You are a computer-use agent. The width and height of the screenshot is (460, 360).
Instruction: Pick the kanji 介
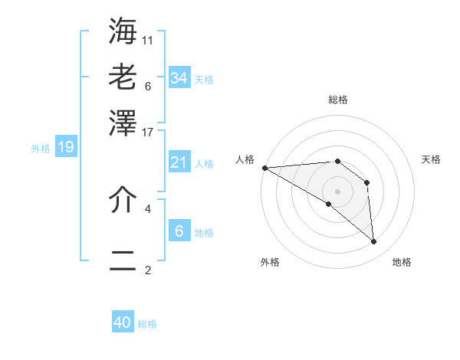pyautogui.click(x=123, y=200)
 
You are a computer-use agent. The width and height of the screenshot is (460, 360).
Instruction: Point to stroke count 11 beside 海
pyautogui.click(x=149, y=40)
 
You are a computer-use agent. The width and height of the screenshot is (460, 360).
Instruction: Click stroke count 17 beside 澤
pyautogui.click(x=149, y=132)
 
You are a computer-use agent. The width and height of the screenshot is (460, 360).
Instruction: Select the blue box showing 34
pyautogui.click(x=179, y=77)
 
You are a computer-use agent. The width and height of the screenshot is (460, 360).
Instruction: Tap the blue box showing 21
pyautogui.click(x=179, y=162)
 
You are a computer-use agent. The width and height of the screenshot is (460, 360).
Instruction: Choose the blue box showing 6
pyautogui.click(x=179, y=231)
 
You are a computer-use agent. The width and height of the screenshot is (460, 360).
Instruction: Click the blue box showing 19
pyautogui.click(x=66, y=147)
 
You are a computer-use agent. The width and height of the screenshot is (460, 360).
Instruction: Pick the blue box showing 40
pyautogui.click(x=123, y=322)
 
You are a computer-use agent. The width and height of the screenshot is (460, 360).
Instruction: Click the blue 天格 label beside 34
pyautogui.click(x=204, y=80)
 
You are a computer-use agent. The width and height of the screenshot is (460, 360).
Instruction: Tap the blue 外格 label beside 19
pyautogui.click(x=41, y=149)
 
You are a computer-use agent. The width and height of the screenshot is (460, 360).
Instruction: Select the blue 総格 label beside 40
pyautogui.click(x=148, y=324)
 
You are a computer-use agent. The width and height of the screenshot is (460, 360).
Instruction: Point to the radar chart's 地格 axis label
pyautogui.click(x=402, y=262)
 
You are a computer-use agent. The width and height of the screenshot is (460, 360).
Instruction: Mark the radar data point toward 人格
pyautogui.click(x=264, y=167)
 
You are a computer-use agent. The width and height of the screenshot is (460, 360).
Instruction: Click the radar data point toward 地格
pyautogui.click(x=373, y=242)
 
